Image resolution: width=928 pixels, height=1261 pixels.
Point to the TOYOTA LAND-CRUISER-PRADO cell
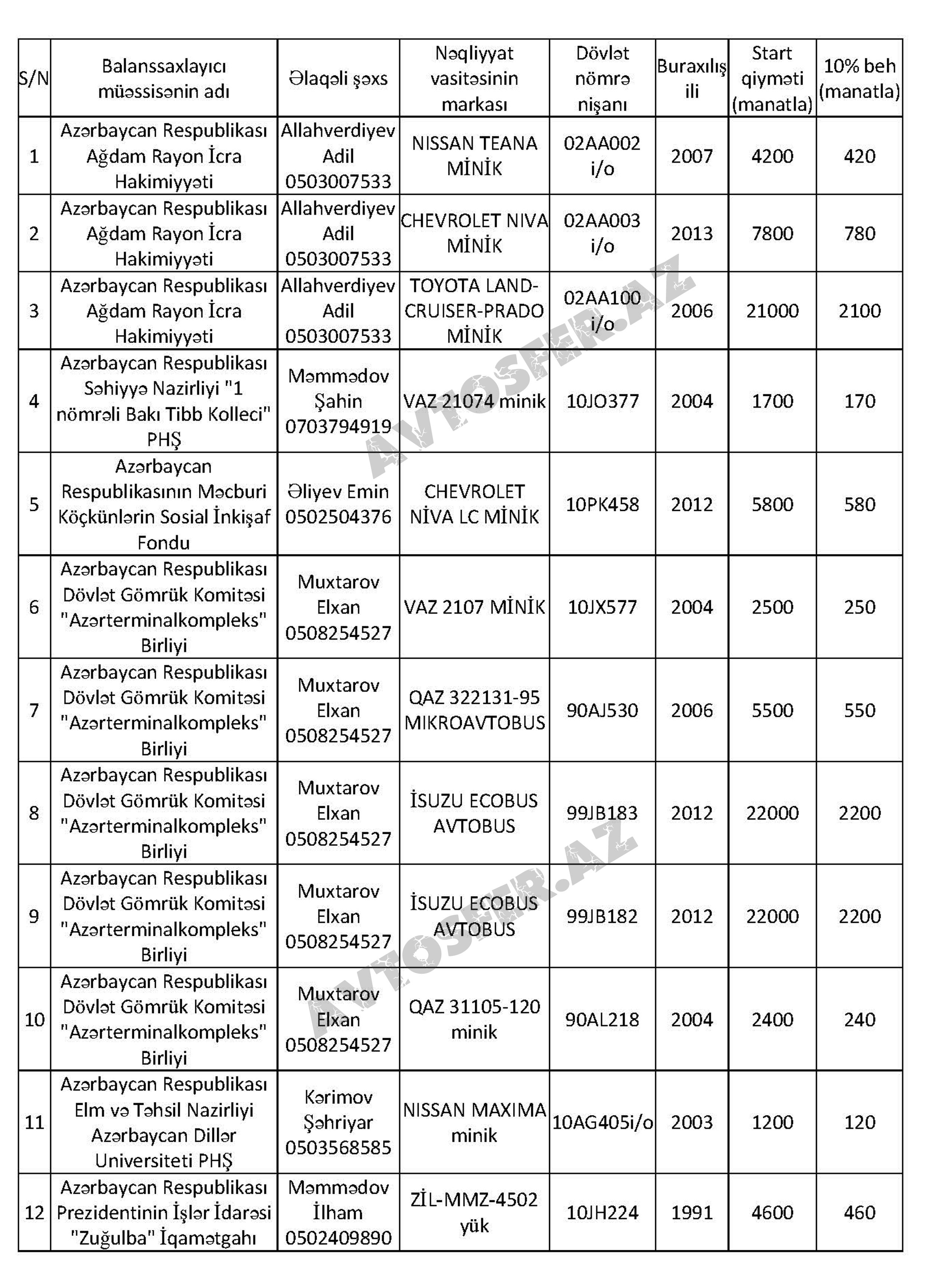pos(474,311)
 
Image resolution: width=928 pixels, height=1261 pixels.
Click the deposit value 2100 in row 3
pos(859,311)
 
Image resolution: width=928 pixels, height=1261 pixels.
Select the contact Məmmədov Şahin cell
pos(338,401)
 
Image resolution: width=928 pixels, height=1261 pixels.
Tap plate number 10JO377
pos(602,401)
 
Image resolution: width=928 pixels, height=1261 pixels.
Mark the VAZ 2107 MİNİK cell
pos(474,607)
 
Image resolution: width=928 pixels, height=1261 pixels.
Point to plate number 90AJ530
pos(602,710)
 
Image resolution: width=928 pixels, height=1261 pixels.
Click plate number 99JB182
pos(602,916)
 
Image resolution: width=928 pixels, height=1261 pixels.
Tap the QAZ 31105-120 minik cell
pos(474,1019)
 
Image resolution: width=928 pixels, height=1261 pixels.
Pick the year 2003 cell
pos(692,1122)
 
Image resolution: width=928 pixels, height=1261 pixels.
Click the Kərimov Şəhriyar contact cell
pos(338,1122)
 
